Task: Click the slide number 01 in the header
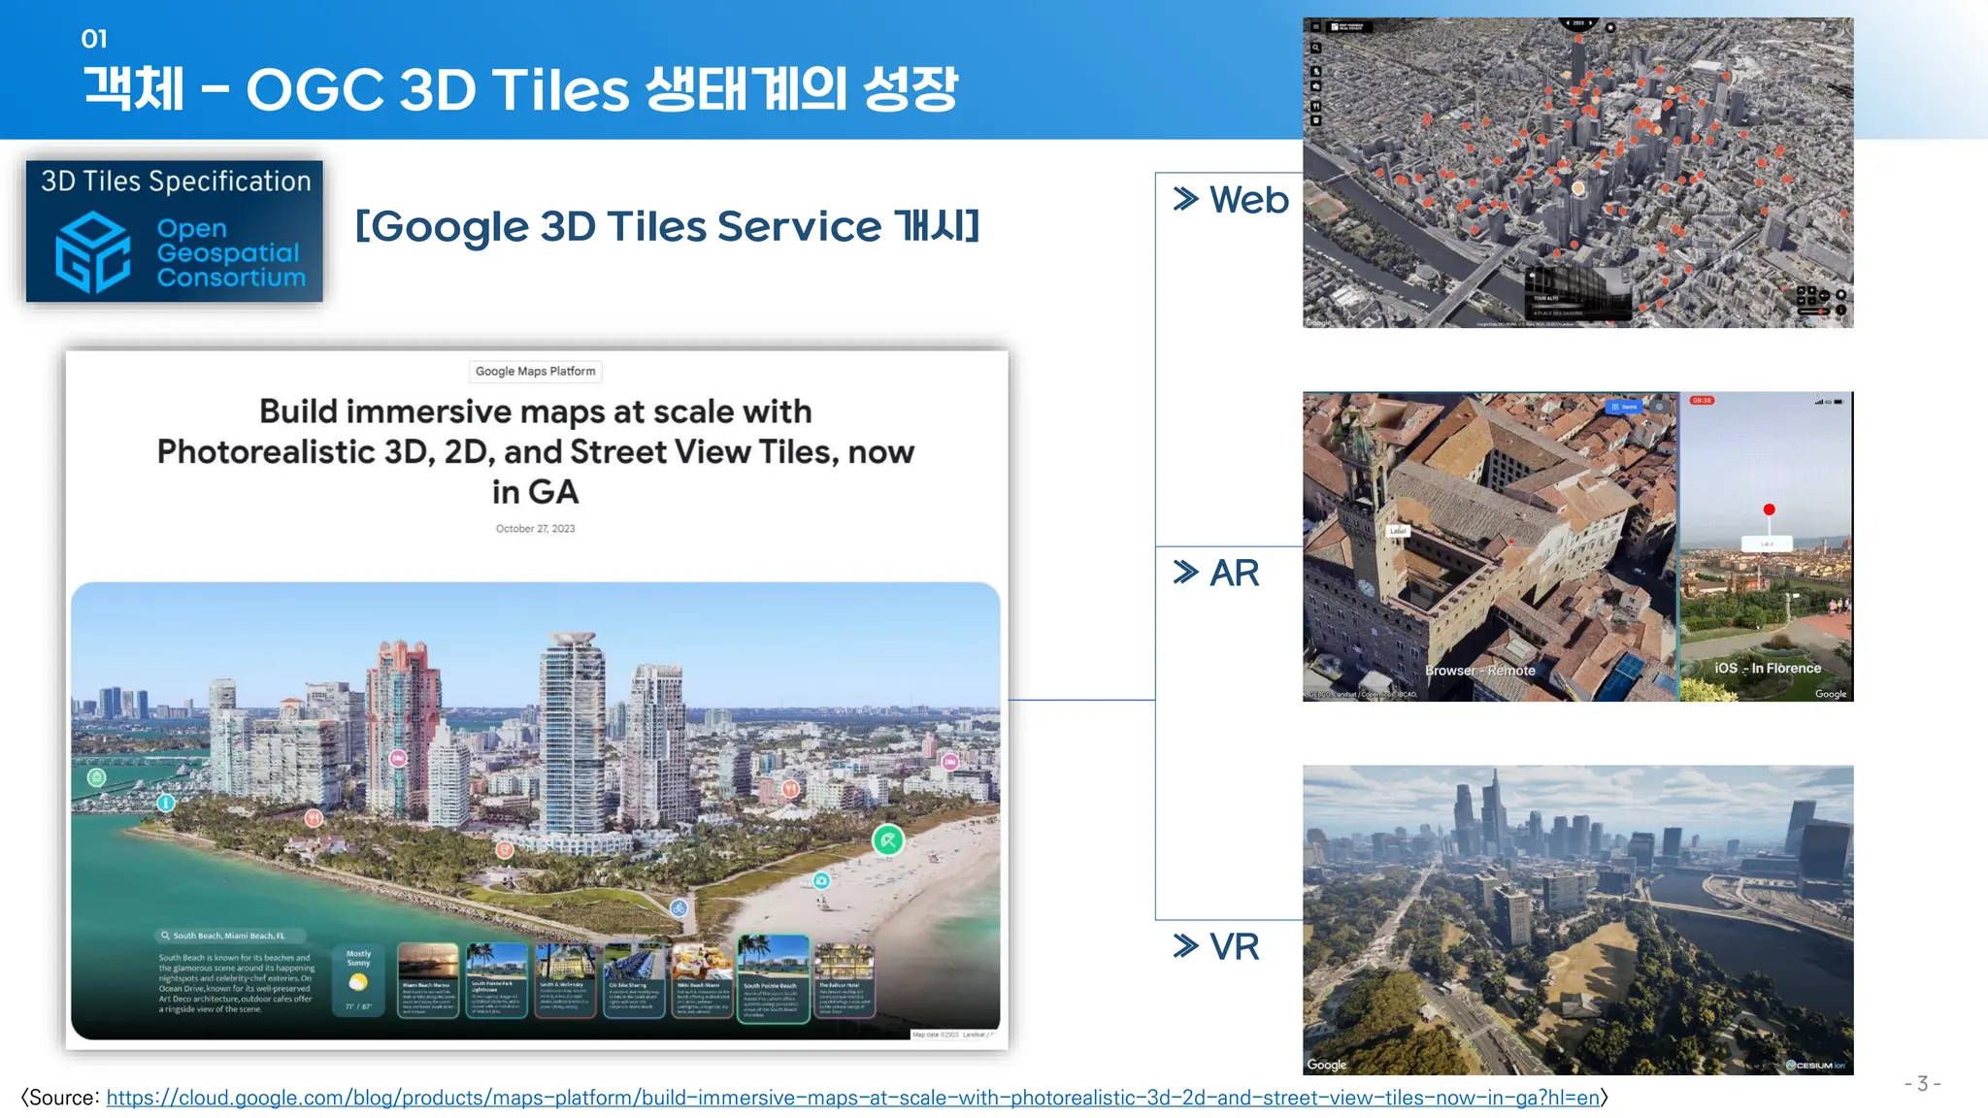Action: pos(94,39)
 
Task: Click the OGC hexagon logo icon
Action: pos(92,253)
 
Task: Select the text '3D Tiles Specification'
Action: pos(176,181)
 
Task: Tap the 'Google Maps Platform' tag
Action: pos(535,372)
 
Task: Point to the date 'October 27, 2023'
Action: pos(535,529)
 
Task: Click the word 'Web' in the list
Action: pos(1248,200)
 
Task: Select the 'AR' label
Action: pos(1234,574)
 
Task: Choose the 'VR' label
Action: pos(1234,947)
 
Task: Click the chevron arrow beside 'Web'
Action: pos(1185,199)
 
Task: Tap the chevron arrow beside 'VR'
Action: pos(1185,946)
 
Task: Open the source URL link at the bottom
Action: pos(852,1098)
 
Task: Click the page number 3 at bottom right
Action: pos(1922,1084)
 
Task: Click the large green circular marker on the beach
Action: pos(887,839)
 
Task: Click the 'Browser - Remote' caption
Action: pos(1479,671)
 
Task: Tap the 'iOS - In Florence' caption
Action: pos(1767,669)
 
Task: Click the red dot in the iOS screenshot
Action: pos(1769,510)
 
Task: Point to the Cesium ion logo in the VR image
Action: pos(1815,1065)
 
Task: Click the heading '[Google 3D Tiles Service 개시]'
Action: pos(667,227)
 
